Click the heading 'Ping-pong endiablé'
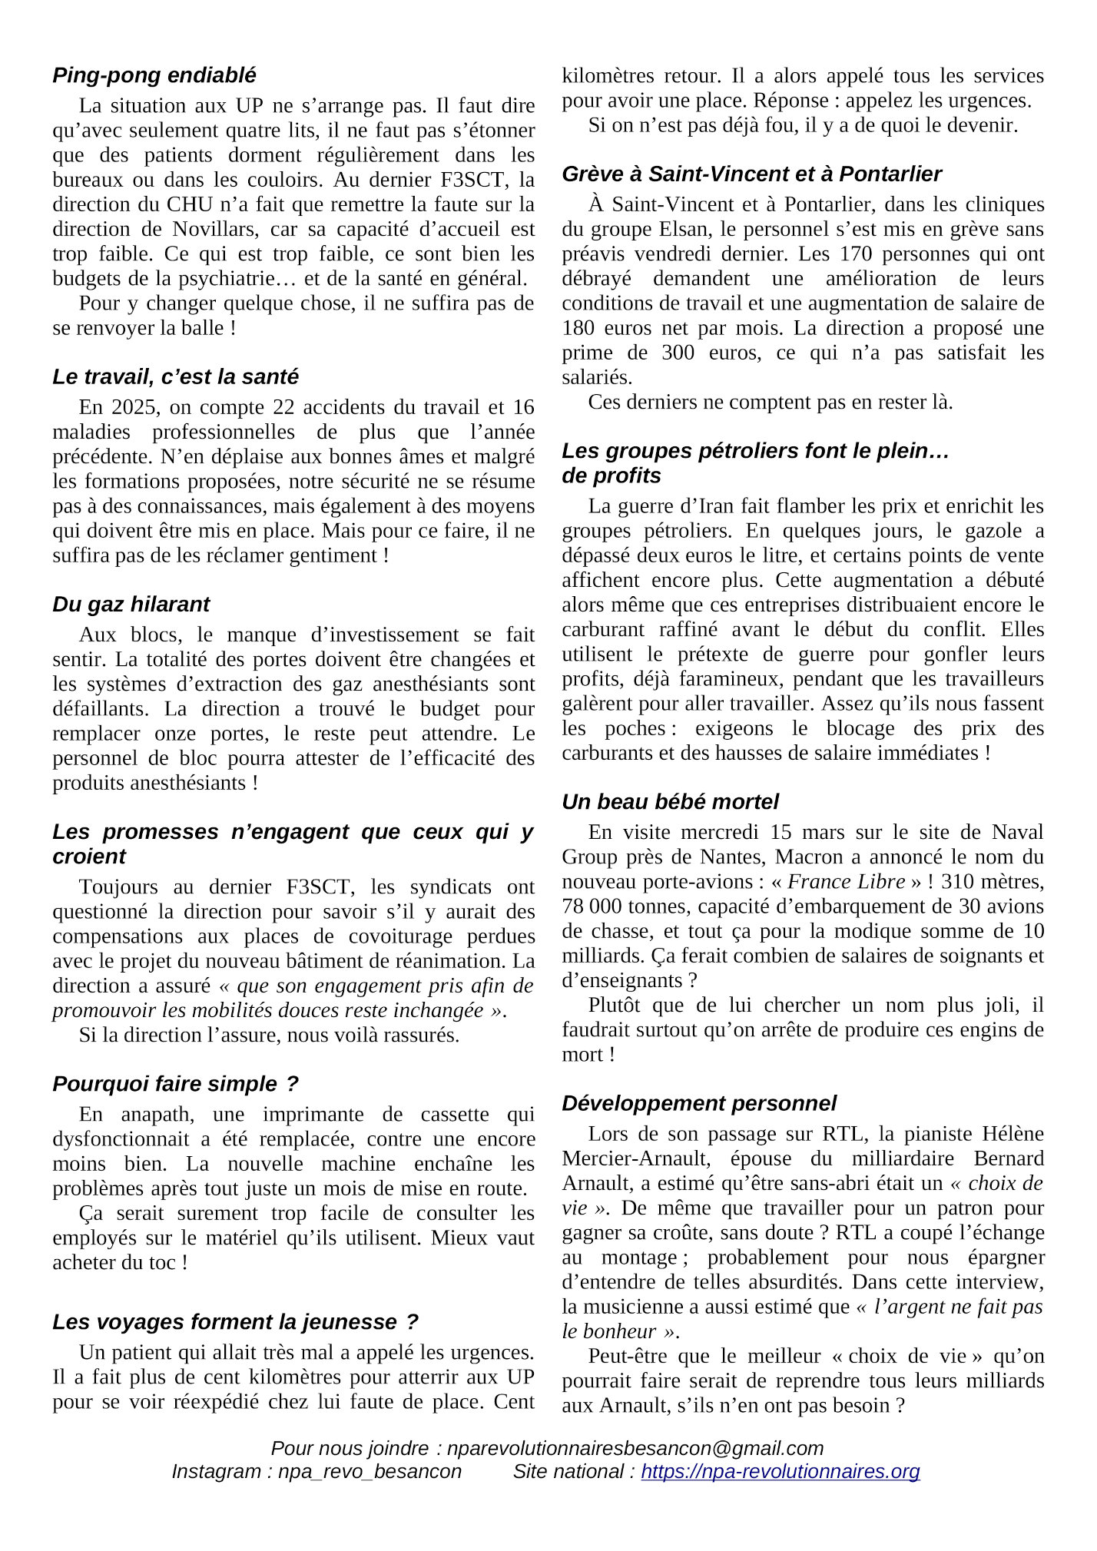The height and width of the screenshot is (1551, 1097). pyautogui.click(x=154, y=75)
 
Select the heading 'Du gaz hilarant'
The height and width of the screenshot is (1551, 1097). pyautogui.click(x=131, y=605)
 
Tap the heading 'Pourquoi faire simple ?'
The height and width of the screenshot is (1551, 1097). pyautogui.click(x=175, y=1084)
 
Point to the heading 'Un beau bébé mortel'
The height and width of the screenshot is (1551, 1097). pyautogui.click(x=670, y=802)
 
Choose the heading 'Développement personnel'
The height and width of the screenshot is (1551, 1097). pyautogui.click(x=699, y=1103)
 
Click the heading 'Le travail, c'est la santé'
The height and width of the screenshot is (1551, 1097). pyautogui.click(x=175, y=377)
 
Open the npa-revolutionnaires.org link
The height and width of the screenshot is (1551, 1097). pyautogui.click(x=780, y=1471)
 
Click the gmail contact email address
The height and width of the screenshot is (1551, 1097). pyautogui.click(x=635, y=1448)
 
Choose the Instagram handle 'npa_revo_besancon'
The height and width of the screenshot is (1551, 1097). pyautogui.click(x=370, y=1471)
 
